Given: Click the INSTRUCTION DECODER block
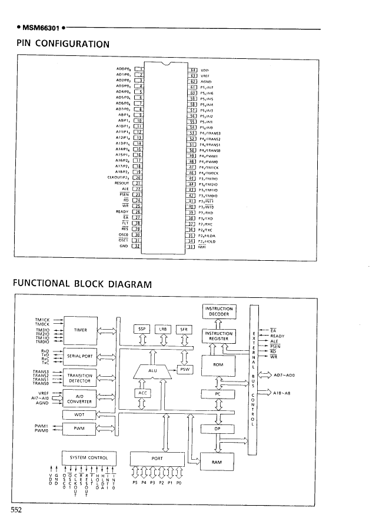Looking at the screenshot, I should pyautogui.click(x=219, y=311).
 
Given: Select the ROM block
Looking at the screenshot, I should pyautogui.click(x=219, y=366).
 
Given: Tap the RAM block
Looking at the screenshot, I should pyautogui.click(x=219, y=462).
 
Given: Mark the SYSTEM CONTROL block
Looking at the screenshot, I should pyautogui.click(x=88, y=458).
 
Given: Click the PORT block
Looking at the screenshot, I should pyautogui.click(x=156, y=458).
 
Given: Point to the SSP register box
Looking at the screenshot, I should pyautogui.click(x=142, y=328).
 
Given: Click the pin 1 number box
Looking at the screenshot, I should pyautogui.click(x=140, y=69).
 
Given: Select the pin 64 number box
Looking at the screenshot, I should pyautogui.click(x=191, y=69).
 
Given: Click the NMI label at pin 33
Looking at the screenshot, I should pyautogui.click(x=205, y=247).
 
